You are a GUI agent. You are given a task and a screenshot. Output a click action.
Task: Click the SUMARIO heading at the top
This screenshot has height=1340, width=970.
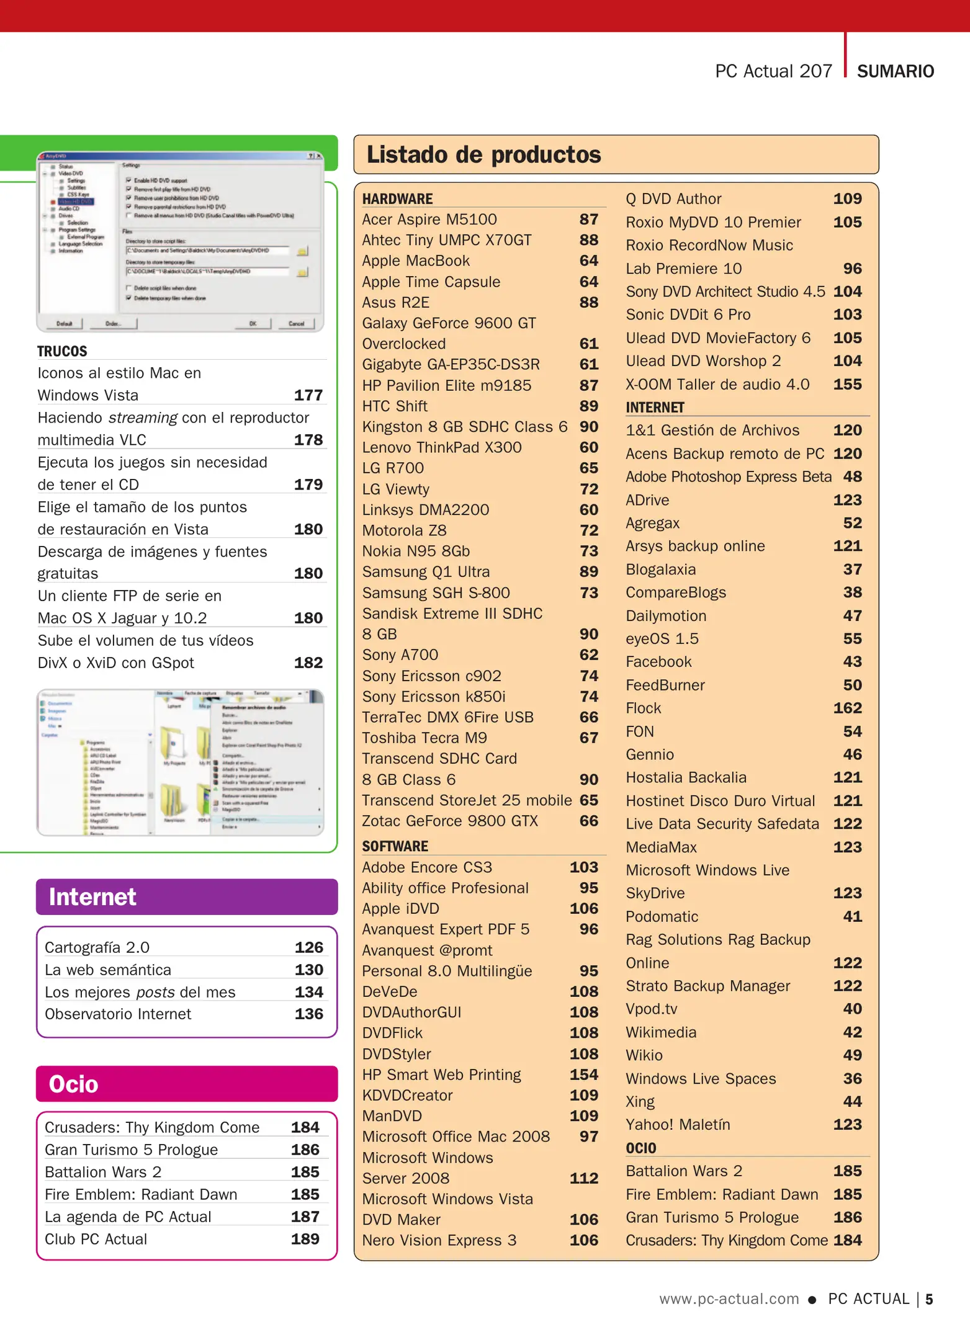pos(895,71)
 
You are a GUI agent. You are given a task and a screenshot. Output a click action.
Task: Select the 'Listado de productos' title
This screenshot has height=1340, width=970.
pos(483,154)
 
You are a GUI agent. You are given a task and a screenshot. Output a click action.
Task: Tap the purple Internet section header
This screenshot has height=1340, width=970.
pos(92,896)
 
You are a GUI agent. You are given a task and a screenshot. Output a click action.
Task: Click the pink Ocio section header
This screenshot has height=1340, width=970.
pos(73,1084)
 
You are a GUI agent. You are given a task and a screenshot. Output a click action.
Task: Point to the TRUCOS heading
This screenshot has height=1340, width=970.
pos(62,351)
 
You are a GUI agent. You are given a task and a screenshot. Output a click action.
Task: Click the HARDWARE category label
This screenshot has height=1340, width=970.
pos(397,199)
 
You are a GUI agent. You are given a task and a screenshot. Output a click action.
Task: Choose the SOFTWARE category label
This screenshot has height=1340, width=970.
pos(395,846)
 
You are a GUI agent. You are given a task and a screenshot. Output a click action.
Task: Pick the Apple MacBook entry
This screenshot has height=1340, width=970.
pos(416,261)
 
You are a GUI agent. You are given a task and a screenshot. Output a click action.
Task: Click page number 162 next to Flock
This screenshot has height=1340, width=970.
pos(847,708)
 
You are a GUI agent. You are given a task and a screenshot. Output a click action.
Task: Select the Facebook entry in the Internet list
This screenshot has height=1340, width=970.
pos(658,662)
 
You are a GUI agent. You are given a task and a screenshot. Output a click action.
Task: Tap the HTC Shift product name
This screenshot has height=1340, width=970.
pos(395,406)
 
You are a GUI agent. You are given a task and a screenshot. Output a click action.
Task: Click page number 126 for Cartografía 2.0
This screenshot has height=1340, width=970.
pos(308,947)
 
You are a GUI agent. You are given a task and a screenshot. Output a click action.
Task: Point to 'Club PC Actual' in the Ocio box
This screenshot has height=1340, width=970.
pos(96,1239)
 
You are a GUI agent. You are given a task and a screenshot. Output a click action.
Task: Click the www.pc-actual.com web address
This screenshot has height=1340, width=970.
pos(729,1298)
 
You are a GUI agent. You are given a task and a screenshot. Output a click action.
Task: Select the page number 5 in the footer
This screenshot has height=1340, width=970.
pos(929,1299)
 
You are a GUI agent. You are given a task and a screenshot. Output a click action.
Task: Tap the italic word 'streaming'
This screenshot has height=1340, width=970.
pos(143,418)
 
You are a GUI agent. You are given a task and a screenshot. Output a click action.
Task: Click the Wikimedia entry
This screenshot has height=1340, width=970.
pos(661,1032)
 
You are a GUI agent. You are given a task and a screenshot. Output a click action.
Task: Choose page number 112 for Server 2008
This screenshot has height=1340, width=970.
pos(583,1178)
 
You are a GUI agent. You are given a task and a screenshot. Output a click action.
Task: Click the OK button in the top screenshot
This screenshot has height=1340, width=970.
pos(253,323)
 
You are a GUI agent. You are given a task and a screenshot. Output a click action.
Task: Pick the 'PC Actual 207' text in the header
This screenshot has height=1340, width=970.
pos(773,71)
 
